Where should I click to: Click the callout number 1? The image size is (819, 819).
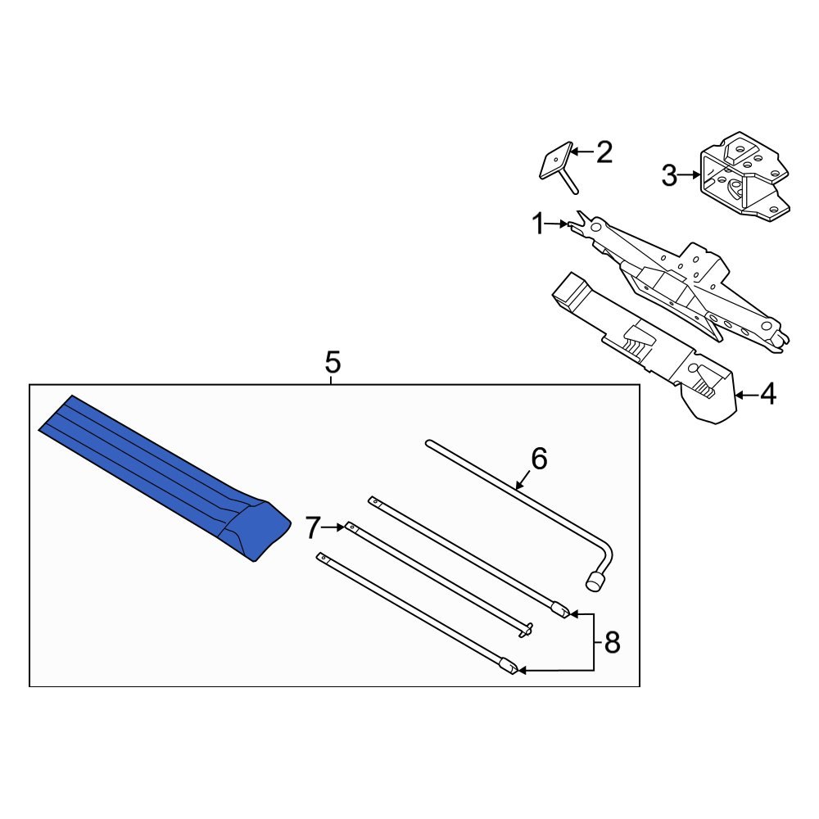538,224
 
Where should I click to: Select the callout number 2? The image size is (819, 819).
604,152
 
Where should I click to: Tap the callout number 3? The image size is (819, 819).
669,175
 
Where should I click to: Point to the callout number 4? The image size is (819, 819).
767,395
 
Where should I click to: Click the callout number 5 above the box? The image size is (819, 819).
332,361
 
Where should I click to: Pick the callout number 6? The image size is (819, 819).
538,459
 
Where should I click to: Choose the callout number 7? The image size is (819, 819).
312,529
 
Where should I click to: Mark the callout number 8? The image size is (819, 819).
612,644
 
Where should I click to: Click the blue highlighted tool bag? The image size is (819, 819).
164,479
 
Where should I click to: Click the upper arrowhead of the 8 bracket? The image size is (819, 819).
574,613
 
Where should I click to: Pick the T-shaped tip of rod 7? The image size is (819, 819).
527,629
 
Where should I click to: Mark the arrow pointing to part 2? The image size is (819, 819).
580,152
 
